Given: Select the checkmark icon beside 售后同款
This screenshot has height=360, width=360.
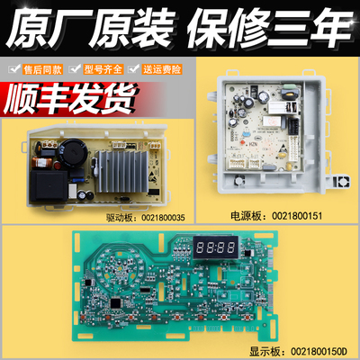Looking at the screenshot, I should [x=14, y=67].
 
